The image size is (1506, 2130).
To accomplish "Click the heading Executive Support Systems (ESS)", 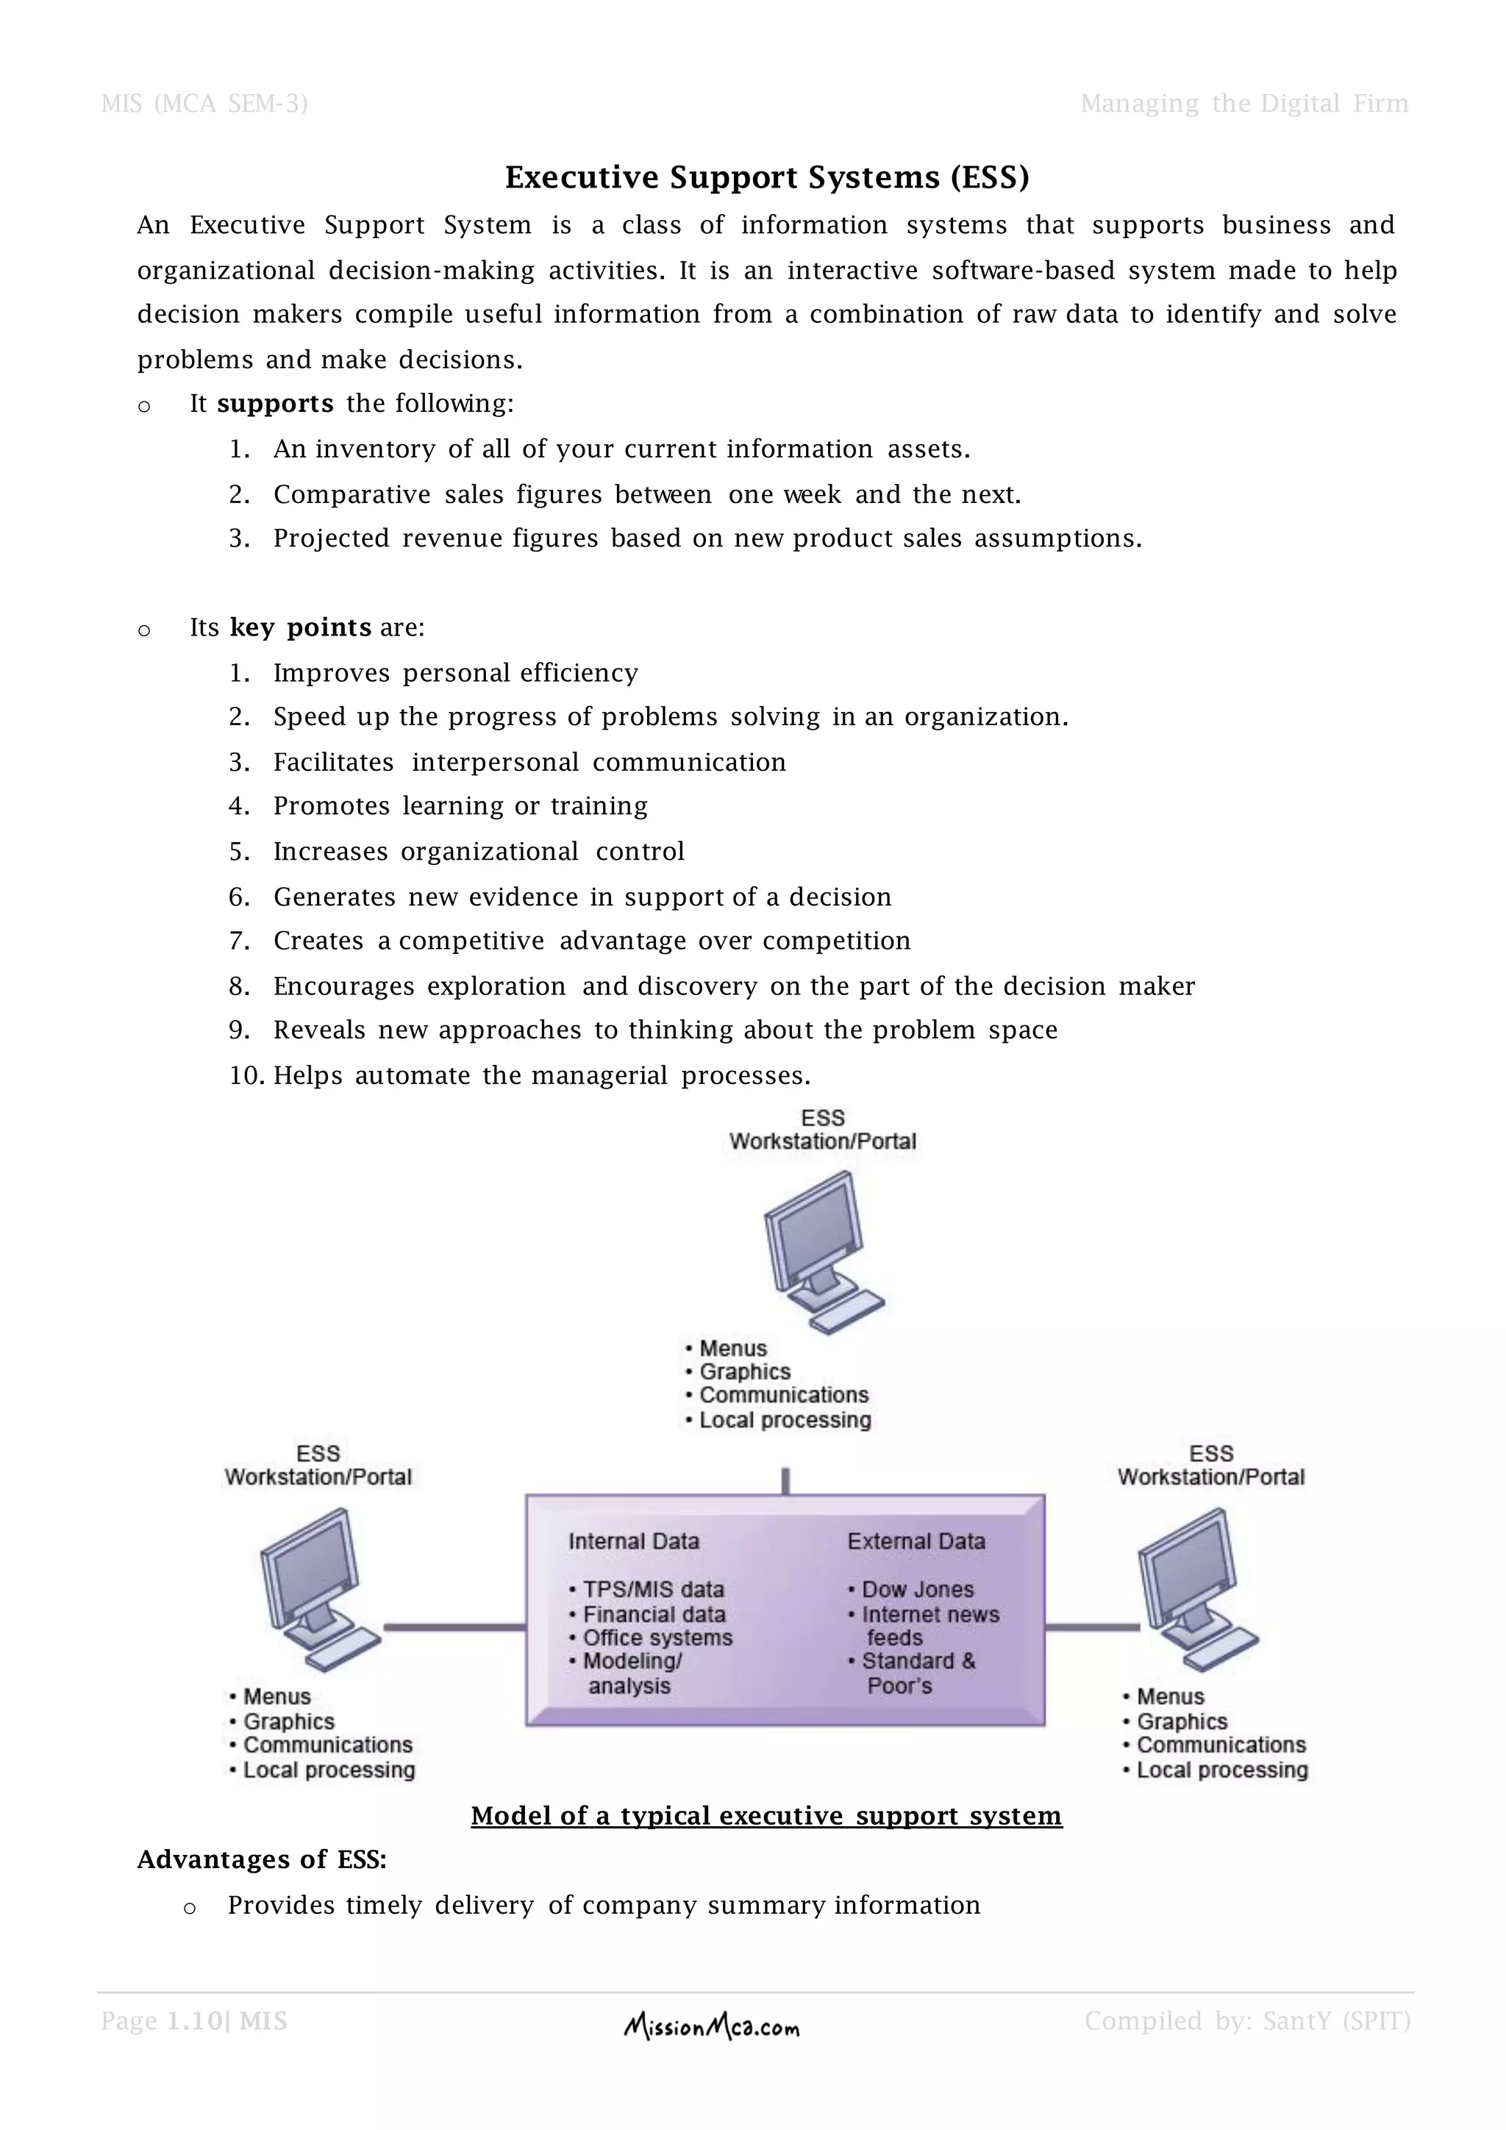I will (767, 177).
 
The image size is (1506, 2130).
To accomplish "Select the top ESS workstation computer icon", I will (821, 1252).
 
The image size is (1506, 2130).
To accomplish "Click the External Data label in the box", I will (916, 1541).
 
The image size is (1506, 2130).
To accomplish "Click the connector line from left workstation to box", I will (454, 1626).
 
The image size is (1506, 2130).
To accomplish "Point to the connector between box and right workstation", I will (1091, 1626).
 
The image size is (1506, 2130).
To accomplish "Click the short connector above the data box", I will (785, 1481).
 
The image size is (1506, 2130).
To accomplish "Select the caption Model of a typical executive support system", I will (766, 1815).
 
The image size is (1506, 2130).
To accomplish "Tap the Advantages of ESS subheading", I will (263, 1860).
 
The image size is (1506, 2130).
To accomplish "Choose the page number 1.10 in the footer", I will (196, 2021).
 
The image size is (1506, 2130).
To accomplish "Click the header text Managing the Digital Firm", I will (1243, 104).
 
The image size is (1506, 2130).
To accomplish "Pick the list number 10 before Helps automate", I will (246, 1076).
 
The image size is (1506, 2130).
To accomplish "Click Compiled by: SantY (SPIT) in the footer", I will (1247, 2021).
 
